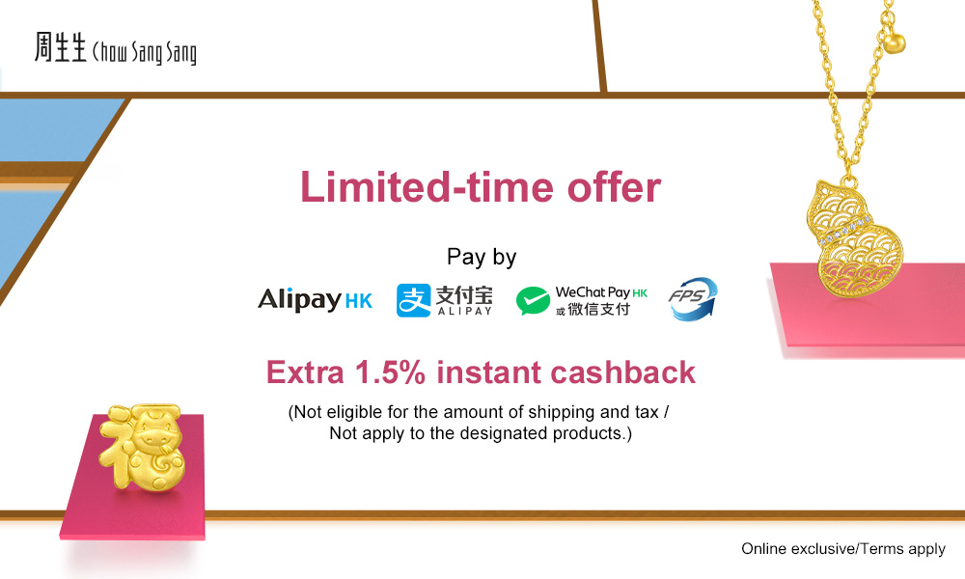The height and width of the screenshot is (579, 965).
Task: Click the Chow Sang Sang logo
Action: [x=116, y=48]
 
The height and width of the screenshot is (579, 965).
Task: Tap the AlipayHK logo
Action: [x=316, y=300]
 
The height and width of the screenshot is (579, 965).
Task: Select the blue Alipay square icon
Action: [x=414, y=300]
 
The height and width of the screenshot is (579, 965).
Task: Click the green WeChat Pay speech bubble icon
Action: [x=533, y=301]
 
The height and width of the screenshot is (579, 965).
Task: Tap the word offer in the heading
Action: [x=614, y=187]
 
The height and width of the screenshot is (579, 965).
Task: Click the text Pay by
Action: [x=482, y=257]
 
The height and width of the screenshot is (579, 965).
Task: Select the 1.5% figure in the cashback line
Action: [x=390, y=372]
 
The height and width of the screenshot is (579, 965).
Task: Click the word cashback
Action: [x=622, y=372]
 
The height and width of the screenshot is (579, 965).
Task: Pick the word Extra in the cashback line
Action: [x=305, y=372]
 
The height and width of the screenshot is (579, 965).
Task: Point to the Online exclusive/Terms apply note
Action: [x=843, y=548]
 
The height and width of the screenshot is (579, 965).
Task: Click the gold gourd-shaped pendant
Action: [x=854, y=241]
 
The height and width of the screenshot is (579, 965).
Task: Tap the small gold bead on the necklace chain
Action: [x=895, y=43]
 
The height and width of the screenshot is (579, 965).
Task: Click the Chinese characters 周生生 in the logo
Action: [x=60, y=47]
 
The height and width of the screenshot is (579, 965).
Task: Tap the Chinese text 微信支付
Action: [x=599, y=309]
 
